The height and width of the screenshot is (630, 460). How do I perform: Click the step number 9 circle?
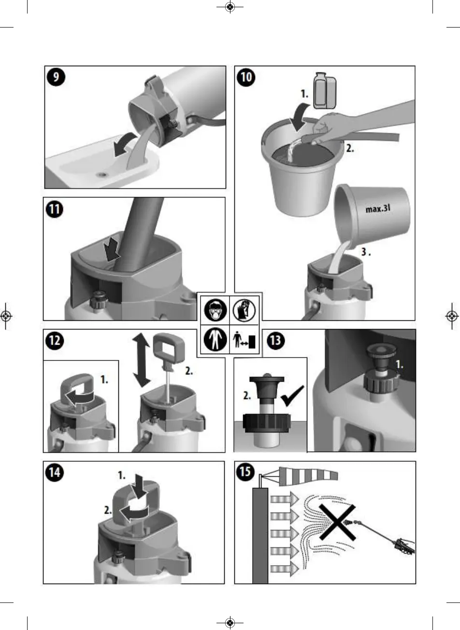[56, 77]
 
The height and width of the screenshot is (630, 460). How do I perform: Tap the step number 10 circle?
[246, 77]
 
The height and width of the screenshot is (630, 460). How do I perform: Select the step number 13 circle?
[275, 341]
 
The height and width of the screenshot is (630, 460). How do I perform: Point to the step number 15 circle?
[245, 471]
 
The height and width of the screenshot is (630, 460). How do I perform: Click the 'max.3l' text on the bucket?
[378, 209]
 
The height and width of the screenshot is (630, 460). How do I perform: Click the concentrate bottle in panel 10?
[325, 90]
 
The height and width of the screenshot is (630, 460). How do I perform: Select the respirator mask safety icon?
[216, 310]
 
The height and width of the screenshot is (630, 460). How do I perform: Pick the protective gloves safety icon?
[244, 310]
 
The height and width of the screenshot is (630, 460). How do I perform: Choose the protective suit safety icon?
[216, 339]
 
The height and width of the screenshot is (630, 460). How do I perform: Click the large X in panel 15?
[337, 522]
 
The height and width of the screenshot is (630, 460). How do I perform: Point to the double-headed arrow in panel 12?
[142, 360]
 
